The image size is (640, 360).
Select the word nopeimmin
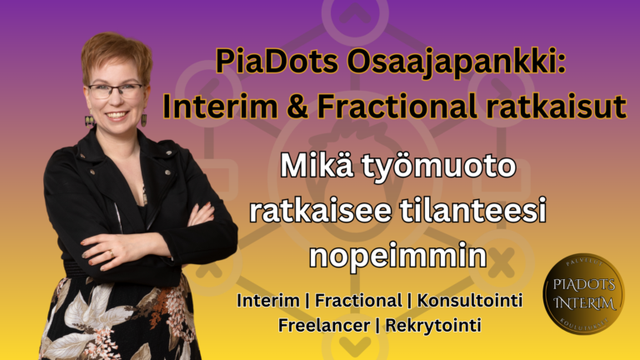tap(397, 256)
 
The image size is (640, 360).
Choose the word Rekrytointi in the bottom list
tap(433, 325)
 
